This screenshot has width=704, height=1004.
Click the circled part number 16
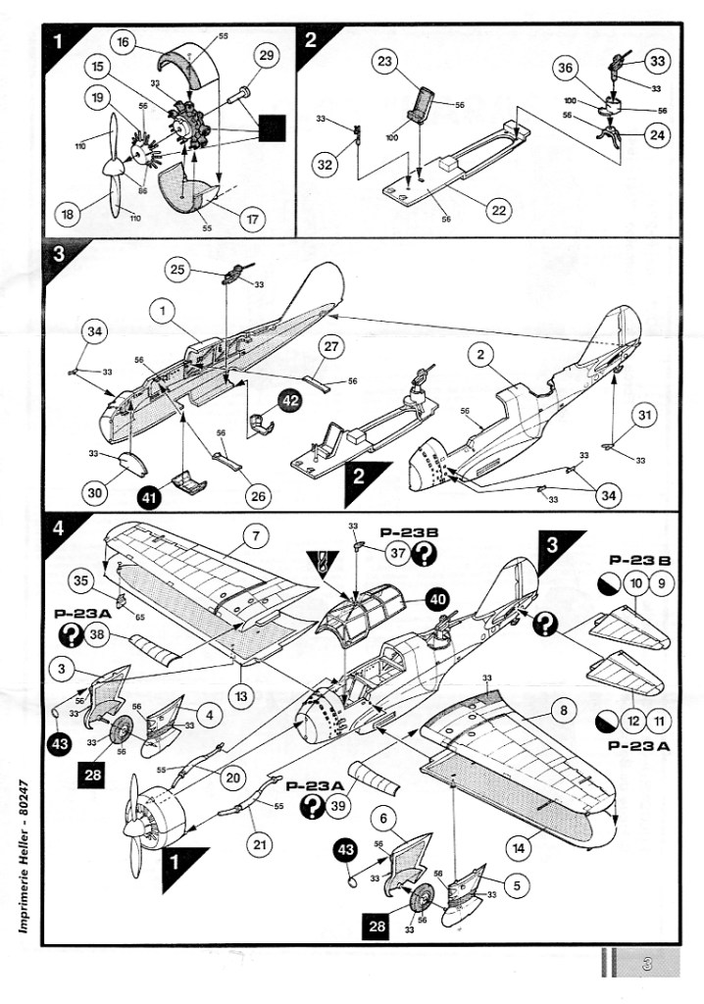(124, 42)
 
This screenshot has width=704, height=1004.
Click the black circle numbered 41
(148, 497)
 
